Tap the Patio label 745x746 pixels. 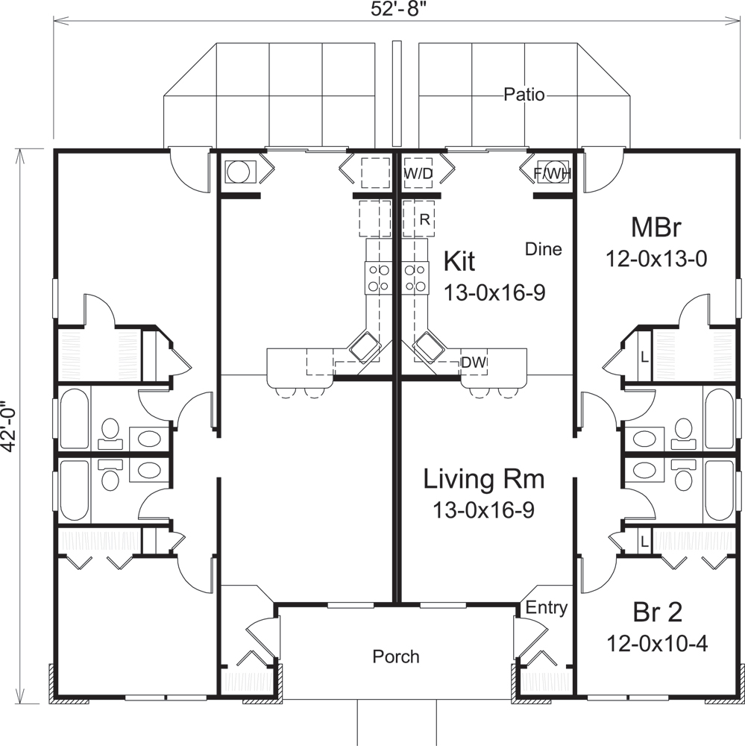[x=524, y=95]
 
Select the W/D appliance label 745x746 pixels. [x=418, y=173]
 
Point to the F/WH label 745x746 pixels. [x=552, y=173]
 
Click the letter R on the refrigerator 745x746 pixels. [x=423, y=220]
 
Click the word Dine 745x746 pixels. [x=543, y=249]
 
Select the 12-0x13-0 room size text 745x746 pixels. [x=656, y=259]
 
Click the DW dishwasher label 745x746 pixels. [x=474, y=363]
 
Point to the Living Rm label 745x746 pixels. [x=484, y=479]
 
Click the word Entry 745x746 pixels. [x=547, y=608]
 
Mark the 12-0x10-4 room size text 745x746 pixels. [x=656, y=643]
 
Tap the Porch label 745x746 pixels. [x=396, y=656]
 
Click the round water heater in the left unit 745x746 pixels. [x=238, y=172]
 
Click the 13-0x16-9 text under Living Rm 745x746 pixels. [x=484, y=510]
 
